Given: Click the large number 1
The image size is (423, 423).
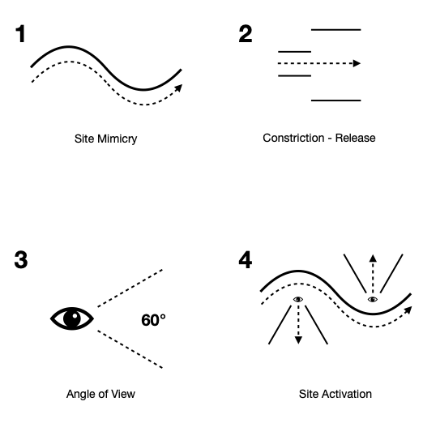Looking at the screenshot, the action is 20,34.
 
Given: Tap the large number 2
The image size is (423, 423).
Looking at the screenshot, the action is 246,34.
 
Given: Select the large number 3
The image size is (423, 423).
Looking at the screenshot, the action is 21,259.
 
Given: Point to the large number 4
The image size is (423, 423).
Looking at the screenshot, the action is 246,259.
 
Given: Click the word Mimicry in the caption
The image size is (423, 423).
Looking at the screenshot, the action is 117,139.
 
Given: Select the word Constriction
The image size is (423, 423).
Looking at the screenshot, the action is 293,138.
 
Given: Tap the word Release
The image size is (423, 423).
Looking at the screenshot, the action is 355,138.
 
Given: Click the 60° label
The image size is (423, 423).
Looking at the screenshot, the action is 153,320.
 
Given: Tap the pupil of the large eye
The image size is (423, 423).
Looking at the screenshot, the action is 72,318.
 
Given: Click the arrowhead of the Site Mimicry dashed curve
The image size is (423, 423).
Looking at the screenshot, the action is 179,88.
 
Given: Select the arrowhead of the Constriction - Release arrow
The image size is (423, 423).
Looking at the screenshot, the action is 357,63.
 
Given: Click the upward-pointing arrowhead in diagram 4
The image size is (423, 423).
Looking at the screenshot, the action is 373,258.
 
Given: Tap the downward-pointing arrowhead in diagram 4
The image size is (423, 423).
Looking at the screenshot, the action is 298,340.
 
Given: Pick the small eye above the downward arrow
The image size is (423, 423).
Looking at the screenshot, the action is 298,299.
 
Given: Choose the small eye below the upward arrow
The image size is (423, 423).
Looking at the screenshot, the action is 373,299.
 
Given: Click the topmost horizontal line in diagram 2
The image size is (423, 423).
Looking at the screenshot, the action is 336,30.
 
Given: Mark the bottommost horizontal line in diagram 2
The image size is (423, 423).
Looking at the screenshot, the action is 336,100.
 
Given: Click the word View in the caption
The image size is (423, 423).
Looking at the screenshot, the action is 123,394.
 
